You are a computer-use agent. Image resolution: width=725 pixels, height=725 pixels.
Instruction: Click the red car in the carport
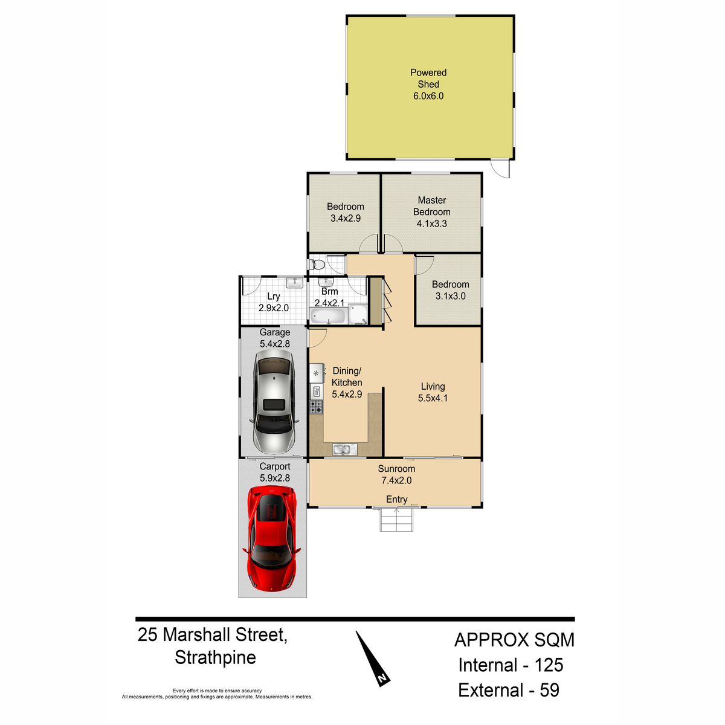coord(272,538)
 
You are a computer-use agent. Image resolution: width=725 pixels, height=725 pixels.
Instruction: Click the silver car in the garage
coord(274,401)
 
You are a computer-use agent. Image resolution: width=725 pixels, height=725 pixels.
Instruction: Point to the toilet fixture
coord(317,265)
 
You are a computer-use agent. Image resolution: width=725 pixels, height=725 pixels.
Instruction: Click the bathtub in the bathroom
coord(328,316)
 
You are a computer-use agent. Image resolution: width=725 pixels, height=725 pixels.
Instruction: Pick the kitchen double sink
coord(344,449)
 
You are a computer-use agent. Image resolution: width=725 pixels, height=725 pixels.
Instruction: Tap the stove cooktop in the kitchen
coord(316,407)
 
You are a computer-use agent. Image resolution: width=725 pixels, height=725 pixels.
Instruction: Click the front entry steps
coord(396,520)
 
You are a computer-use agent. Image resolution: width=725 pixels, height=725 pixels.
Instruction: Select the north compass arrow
coord(373,659)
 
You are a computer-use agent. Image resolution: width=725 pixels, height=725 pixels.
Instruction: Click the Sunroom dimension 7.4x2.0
coord(396,480)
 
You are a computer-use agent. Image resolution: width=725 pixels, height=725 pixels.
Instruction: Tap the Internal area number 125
coord(549,665)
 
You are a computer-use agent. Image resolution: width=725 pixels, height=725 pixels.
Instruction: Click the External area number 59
coord(549,690)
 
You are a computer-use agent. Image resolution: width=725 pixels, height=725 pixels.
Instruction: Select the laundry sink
coord(295,282)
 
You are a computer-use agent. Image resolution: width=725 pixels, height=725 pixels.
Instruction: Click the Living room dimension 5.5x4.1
coord(433,398)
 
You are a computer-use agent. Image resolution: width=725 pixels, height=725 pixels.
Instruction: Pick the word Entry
coord(396,499)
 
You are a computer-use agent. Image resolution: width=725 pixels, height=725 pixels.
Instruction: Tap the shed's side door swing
coord(500,168)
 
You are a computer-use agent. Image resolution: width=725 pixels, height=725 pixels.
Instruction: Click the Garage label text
coord(275,332)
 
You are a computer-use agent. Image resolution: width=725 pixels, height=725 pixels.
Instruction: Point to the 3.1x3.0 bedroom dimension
coord(450,296)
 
